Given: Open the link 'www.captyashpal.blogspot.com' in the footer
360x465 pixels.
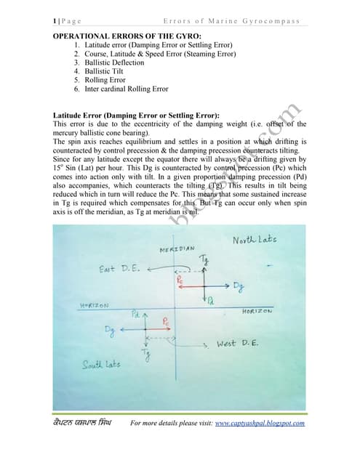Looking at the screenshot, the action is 260,424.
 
